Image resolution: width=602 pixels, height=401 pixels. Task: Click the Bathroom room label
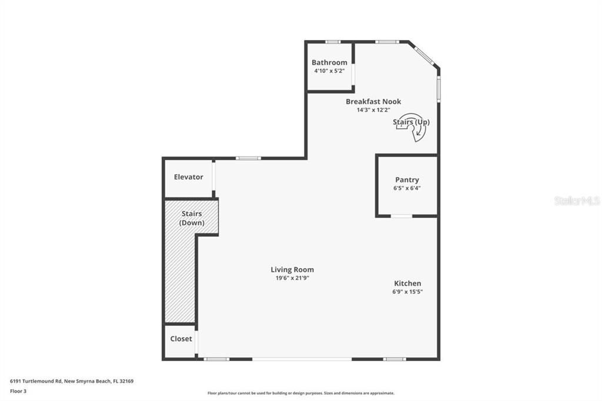pos(329,62)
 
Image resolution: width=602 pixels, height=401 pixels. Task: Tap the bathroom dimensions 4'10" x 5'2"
pos(329,71)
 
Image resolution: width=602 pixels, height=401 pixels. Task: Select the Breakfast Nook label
pos(373,102)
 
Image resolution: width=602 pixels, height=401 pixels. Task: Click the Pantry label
pos(407,180)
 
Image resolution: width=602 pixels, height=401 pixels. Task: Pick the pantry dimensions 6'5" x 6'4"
pos(407,188)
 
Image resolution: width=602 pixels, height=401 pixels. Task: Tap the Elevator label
pos(188,177)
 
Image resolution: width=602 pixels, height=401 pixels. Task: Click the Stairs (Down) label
pos(192,218)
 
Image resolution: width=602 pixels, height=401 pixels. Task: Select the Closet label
pos(181,339)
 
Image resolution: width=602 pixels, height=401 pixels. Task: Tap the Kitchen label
pos(407,283)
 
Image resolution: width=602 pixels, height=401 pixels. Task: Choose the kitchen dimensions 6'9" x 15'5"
pos(407,292)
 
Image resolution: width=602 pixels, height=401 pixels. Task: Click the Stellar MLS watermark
pos(577,201)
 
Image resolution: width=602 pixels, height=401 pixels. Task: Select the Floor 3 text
pos(18,390)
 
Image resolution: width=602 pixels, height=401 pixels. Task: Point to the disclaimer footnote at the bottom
pos(300,393)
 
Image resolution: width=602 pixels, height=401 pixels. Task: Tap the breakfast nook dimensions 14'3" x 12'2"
pos(373,110)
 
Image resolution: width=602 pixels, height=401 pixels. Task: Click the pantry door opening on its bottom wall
pos(402,216)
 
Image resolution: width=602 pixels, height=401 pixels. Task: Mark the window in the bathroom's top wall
pos(333,42)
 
